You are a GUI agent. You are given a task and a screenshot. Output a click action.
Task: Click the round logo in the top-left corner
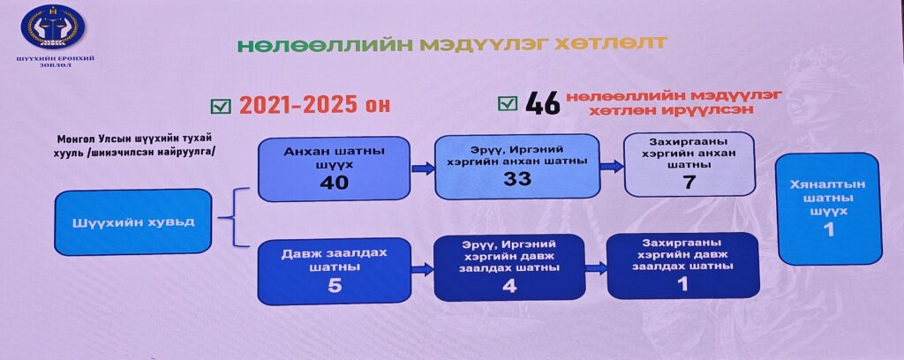[52, 27]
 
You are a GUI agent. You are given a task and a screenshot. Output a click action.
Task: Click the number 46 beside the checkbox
[543, 104]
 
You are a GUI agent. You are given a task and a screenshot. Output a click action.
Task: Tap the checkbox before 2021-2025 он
[221, 106]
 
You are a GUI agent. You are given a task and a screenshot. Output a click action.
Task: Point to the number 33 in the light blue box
[517, 178]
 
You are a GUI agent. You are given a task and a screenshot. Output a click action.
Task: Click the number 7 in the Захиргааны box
[689, 182]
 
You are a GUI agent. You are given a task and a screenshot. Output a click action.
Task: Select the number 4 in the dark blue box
[509, 285]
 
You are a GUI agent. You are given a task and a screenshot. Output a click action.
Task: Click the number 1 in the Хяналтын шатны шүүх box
[828, 229]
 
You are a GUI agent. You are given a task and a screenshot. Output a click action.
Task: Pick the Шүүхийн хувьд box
[133, 221]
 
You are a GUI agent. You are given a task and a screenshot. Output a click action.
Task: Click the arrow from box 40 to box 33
[423, 169]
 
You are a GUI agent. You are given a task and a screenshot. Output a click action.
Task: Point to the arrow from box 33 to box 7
[612, 166]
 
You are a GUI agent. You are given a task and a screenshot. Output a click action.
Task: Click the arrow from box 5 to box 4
[423, 269]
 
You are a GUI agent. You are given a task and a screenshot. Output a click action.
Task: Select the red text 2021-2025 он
[315, 105]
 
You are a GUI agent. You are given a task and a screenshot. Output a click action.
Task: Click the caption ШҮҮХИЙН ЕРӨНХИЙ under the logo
[56, 58]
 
